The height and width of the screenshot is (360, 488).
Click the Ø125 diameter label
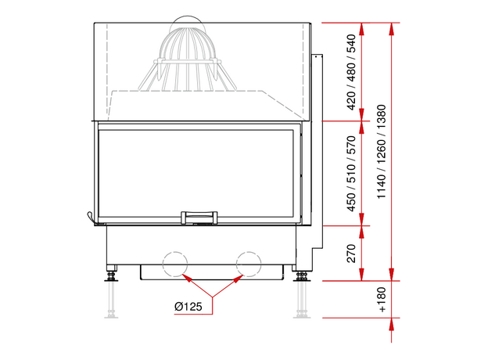[188, 307]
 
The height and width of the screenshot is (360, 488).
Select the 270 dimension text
[350, 254]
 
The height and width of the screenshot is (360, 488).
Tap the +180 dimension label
[382, 300]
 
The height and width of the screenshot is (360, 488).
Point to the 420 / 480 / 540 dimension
[350, 72]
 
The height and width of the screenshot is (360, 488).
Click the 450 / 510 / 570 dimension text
[350, 174]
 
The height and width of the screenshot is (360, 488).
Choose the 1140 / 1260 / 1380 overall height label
[382, 152]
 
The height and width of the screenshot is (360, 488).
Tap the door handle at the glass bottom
[199, 218]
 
